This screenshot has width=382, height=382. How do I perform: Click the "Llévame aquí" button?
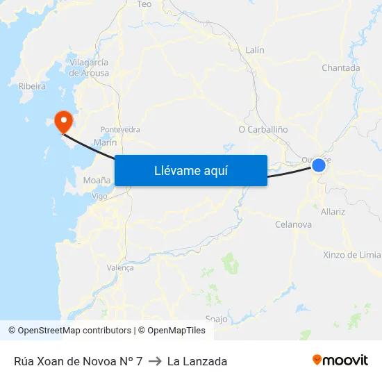click(190, 170)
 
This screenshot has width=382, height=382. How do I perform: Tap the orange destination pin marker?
click(64, 122)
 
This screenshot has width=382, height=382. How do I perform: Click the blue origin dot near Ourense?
click(319, 165)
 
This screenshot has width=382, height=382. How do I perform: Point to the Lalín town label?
click(255, 50)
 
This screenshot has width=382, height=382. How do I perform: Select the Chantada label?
click(340, 68)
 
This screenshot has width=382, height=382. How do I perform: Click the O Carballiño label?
click(263, 129)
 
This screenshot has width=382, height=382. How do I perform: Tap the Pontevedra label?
click(120, 130)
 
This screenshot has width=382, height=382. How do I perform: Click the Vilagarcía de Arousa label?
click(89, 67)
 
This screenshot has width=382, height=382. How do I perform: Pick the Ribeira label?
click(32, 87)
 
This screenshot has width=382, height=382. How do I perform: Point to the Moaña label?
click(97, 180)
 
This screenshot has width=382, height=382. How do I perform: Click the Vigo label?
click(99, 197)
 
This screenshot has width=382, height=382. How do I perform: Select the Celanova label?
click(293, 224)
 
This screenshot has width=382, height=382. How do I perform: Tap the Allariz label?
click(333, 212)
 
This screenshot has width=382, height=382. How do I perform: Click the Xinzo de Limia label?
click(352, 255)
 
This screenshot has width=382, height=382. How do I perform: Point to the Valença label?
click(120, 267)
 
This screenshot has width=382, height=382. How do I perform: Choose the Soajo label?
click(217, 319)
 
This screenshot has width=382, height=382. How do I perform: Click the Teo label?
click(144, 4)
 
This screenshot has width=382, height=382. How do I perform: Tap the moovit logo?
click(340, 360)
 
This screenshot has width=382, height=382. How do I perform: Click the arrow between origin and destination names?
click(155, 361)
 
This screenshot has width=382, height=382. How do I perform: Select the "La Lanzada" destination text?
click(197, 361)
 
